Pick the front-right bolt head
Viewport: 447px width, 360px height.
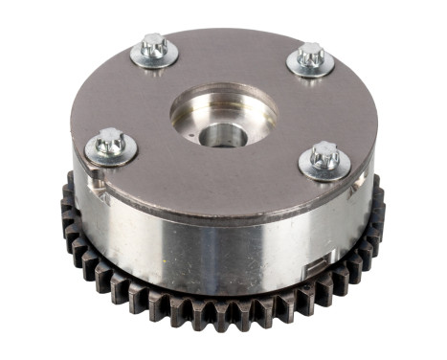point(323,153)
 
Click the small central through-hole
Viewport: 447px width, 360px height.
point(223,133)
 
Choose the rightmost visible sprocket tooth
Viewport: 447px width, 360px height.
point(380,206)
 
